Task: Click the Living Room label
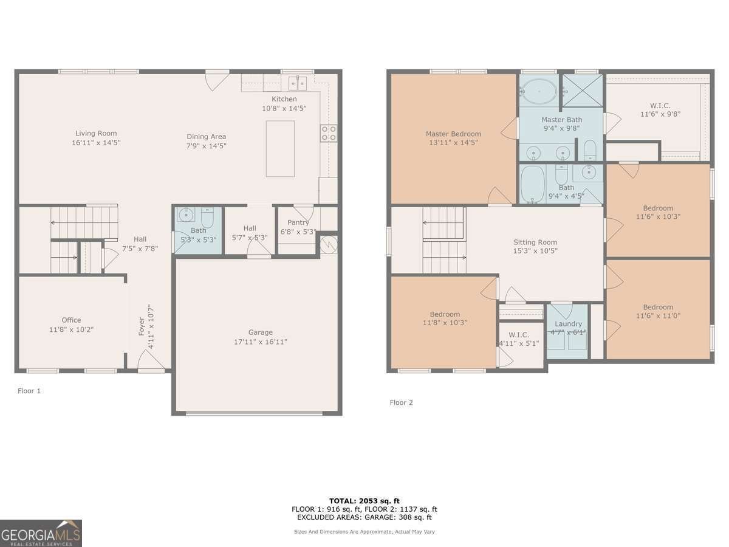click(x=96, y=134)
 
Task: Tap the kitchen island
click(x=280, y=149)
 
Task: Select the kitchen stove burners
click(x=329, y=133)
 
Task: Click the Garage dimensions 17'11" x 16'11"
click(x=260, y=342)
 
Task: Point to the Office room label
click(x=71, y=320)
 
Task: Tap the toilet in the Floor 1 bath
click(x=207, y=217)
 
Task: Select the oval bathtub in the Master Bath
click(x=538, y=91)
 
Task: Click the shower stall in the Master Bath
click(x=582, y=90)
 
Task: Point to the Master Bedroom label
click(x=453, y=134)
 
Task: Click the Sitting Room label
click(x=535, y=243)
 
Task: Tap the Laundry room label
click(x=568, y=324)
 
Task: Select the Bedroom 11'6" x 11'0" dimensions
click(x=658, y=316)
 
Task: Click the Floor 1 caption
click(x=29, y=391)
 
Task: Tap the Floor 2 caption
click(x=401, y=402)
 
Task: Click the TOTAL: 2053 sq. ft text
click(x=364, y=501)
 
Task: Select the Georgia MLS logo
click(x=41, y=534)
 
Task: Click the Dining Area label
click(x=206, y=137)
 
